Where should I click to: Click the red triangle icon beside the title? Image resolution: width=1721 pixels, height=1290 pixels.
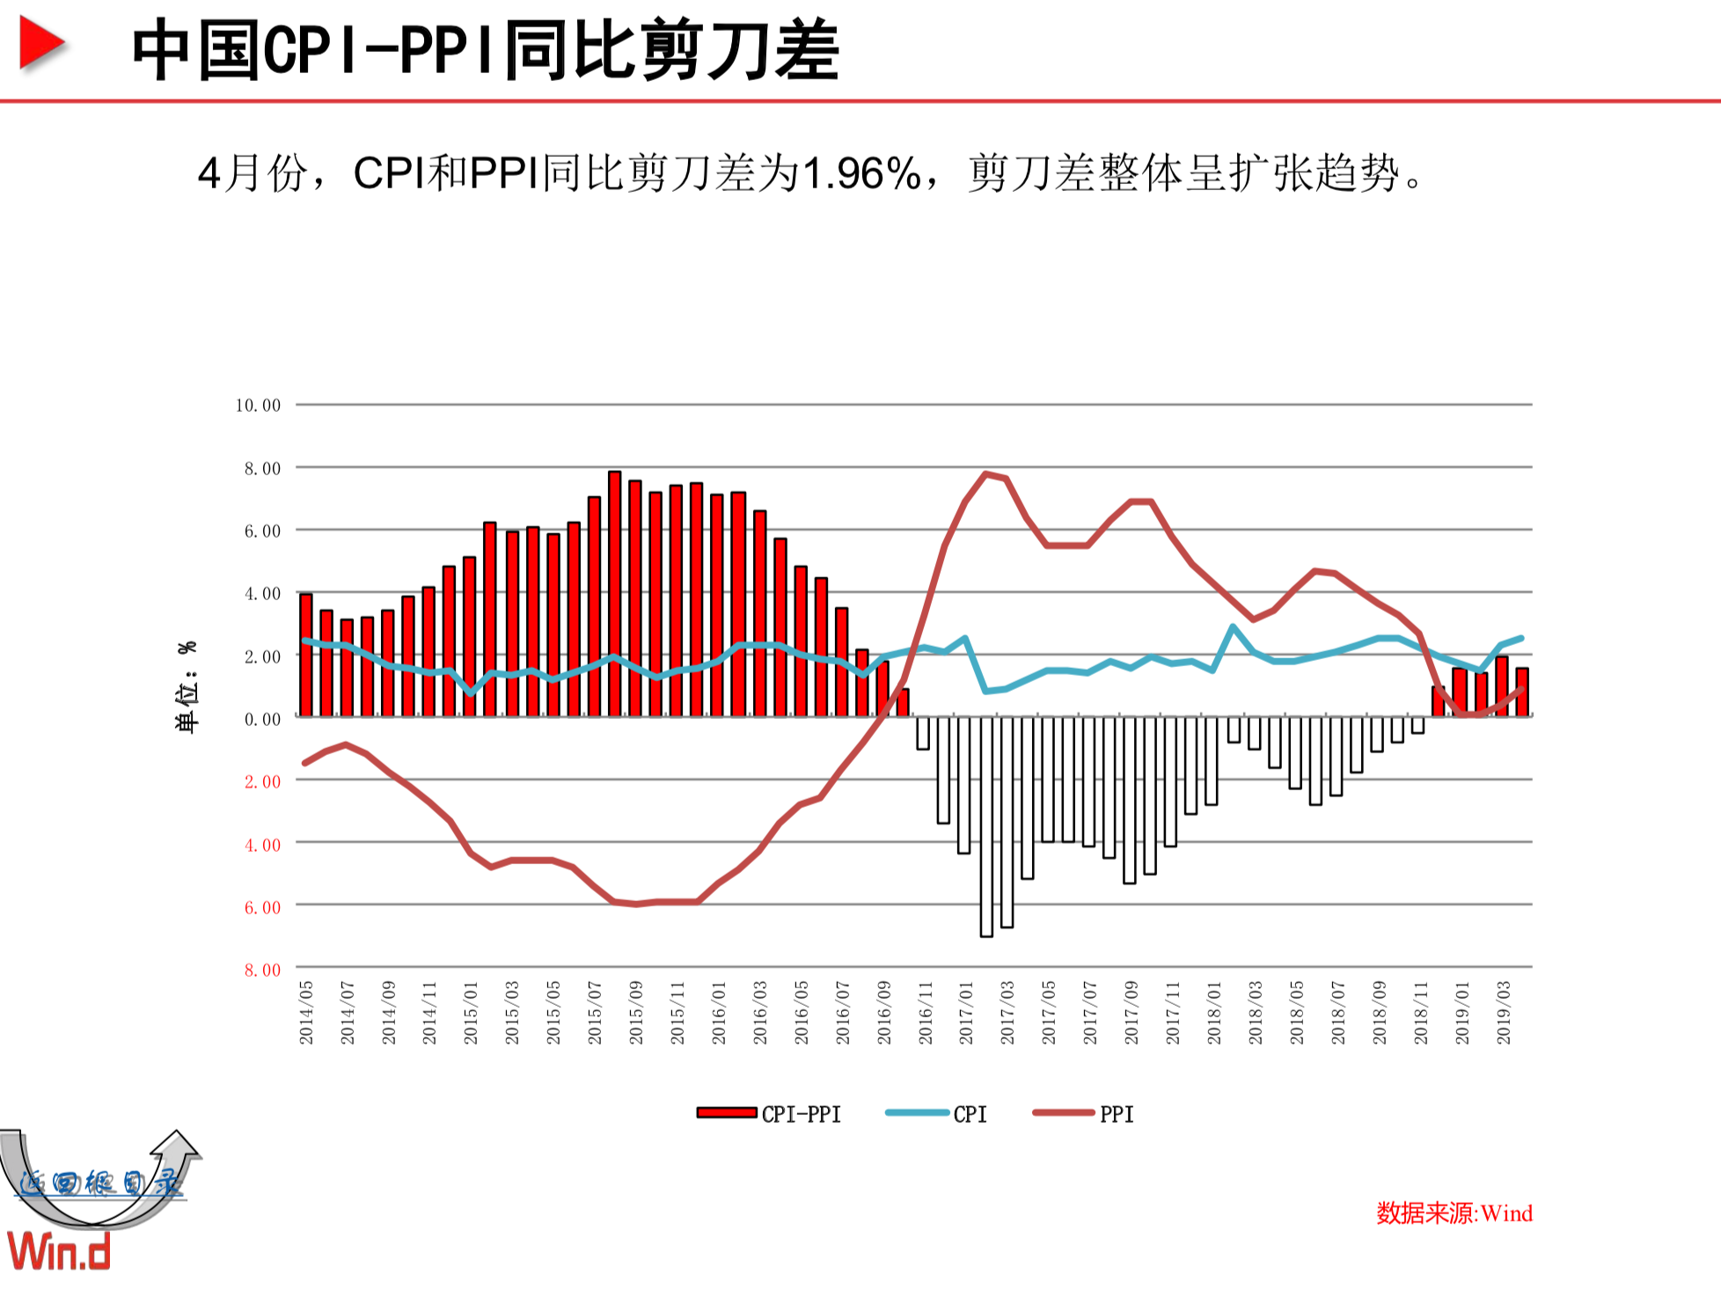pyautogui.click(x=41, y=44)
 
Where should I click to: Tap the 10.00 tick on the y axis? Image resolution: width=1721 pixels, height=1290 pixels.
pyautogui.click(x=258, y=406)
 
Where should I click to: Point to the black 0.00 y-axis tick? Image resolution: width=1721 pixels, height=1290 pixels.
pyautogui.click(x=262, y=719)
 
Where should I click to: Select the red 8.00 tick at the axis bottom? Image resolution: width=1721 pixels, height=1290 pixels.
pyautogui.click(x=262, y=970)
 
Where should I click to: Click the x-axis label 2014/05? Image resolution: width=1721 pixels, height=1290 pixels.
pyautogui.click(x=306, y=1013)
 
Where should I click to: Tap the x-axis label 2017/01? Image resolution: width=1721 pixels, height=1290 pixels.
pyautogui.click(x=966, y=1013)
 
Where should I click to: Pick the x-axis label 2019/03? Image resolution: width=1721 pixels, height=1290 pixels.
pyautogui.click(x=1504, y=1013)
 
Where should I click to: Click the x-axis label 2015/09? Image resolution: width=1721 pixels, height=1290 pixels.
pyautogui.click(x=636, y=1013)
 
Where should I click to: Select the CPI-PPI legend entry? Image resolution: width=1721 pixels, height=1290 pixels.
pyautogui.click(x=769, y=1114)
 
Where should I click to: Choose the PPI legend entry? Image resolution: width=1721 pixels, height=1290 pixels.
pyautogui.click(x=1084, y=1114)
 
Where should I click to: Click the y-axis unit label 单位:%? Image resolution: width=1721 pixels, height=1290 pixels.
pyautogui.click(x=187, y=686)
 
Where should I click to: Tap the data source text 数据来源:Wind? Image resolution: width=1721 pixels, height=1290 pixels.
pyautogui.click(x=1454, y=1213)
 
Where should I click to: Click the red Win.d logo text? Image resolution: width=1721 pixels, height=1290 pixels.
pyautogui.click(x=59, y=1250)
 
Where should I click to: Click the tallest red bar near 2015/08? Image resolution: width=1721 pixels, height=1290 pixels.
pyautogui.click(x=615, y=594)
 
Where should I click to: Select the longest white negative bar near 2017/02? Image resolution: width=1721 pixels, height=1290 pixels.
pyautogui.click(x=986, y=827)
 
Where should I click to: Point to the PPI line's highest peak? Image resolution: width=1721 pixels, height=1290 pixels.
pyautogui.click(x=986, y=473)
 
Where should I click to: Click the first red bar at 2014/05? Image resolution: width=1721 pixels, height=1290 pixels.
pyautogui.click(x=306, y=656)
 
